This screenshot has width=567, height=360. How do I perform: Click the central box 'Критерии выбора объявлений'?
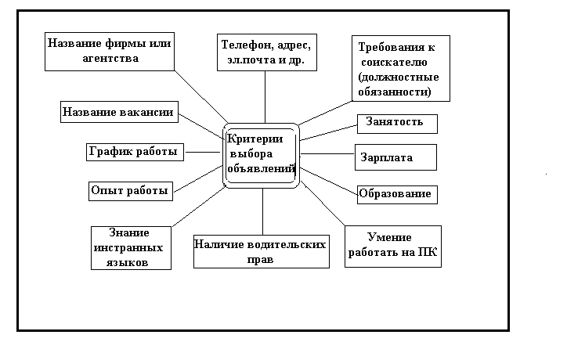(x=261, y=155)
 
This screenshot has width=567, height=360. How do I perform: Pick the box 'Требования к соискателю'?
(x=402, y=70)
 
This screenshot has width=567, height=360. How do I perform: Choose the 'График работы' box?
(x=135, y=151)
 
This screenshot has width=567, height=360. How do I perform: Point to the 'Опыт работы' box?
(x=130, y=189)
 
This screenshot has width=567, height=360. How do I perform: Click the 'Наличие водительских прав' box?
(x=259, y=252)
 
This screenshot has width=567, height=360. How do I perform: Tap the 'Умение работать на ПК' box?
(x=392, y=246)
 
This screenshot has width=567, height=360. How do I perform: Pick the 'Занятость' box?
(x=396, y=122)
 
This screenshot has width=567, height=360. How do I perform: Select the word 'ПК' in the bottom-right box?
(x=428, y=252)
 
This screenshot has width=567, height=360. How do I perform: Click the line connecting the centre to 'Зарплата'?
(x=327, y=154)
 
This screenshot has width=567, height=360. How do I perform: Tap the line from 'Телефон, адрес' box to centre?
(x=265, y=97)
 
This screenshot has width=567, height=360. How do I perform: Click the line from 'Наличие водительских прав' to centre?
(x=262, y=211)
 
